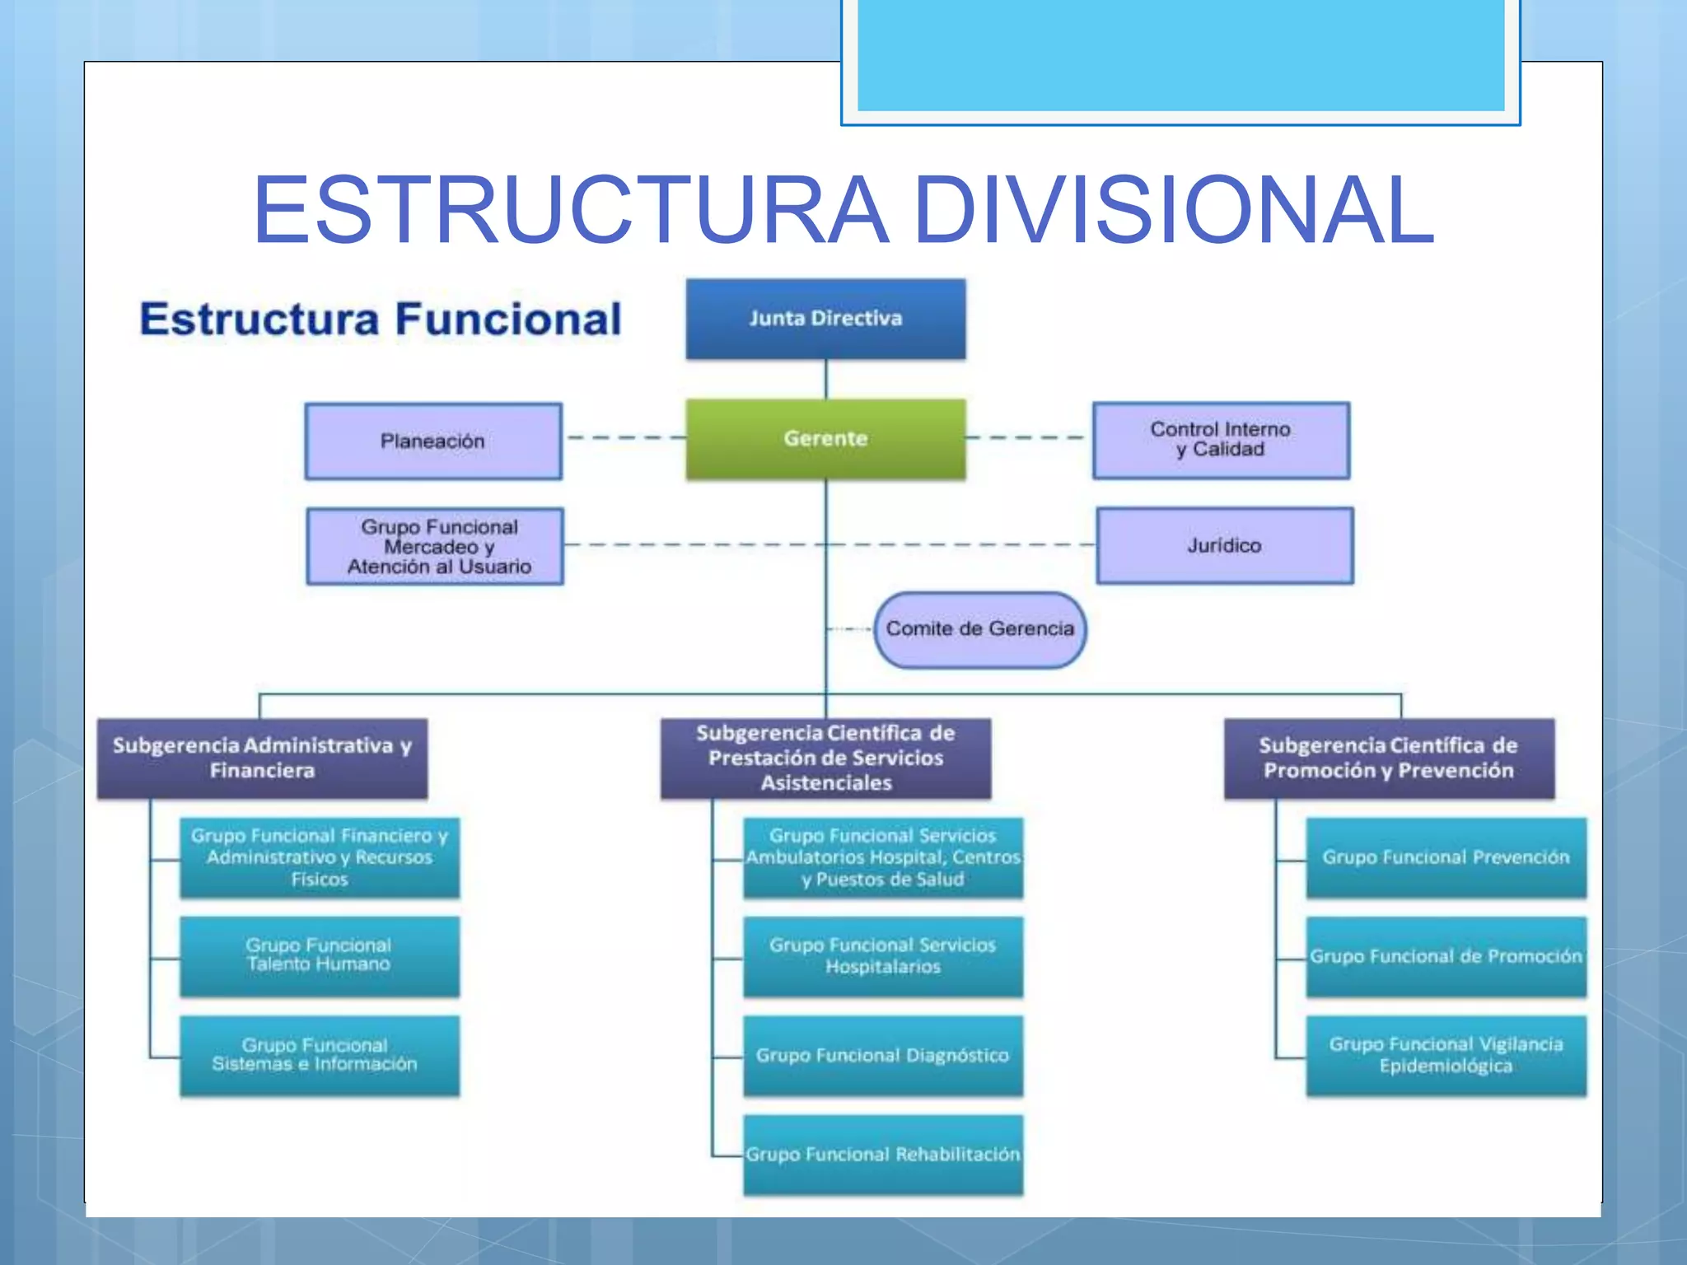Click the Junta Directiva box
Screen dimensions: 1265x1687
point(825,319)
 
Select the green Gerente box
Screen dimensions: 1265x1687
point(825,439)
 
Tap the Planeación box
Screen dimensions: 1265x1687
point(433,441)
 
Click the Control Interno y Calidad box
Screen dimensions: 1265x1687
point(1221,440)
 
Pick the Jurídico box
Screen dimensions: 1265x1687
point(1224,545)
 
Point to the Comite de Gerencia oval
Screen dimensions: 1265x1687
point(979,629)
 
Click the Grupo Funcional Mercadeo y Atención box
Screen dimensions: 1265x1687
point(435,546)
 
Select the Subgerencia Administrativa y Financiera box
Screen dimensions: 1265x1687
point(262,759)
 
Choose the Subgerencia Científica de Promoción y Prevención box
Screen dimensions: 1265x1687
point(1389,759)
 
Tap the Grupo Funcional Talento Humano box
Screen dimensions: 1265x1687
point(320,955)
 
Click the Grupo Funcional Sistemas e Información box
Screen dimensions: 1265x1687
point(320,1055)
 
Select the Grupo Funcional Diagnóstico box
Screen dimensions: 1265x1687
point(882,1055)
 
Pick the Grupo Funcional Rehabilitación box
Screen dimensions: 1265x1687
point(882,1155)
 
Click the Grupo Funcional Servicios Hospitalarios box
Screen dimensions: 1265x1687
point(882,956)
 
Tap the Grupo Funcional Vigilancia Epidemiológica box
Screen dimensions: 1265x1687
point(1446,1055)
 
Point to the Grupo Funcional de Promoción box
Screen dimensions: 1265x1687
point(1446,956)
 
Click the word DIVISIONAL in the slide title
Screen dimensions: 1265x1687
point(1173,210)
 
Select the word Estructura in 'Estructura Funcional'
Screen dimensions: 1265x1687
point(259,320)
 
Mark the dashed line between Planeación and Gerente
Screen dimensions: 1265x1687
point(624,437)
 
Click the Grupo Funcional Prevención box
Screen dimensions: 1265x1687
point(1446,857)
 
